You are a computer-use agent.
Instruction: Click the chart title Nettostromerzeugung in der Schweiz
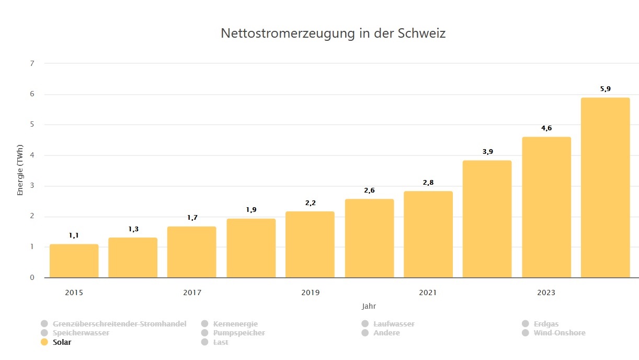pos(333,33)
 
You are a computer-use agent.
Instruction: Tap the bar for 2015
pos(74,261)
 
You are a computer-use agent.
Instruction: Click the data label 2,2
pos(310,203)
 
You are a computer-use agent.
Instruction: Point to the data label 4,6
pos(546,128)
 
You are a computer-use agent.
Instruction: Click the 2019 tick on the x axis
pos(310,292)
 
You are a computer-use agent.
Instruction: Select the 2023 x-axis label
pos(546,292)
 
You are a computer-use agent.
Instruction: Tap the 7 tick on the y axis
pos(32,64)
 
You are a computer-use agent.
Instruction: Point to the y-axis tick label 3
pos(32,186)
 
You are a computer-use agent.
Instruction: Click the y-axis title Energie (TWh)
pos(20,170)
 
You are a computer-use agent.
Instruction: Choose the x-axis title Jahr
pos(369,306)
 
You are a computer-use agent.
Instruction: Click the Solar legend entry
pos(62,342)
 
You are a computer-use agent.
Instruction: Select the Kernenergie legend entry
pos(235,324)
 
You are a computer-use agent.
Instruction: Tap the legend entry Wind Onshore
pos(559,333)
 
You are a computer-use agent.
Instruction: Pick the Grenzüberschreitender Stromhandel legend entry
pos(119,324)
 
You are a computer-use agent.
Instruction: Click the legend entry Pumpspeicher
pos(239,333)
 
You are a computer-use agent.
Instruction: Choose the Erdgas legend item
pos(546,324)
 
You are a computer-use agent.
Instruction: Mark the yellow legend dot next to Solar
pos(44,342)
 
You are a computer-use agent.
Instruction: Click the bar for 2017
pos(191,252)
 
